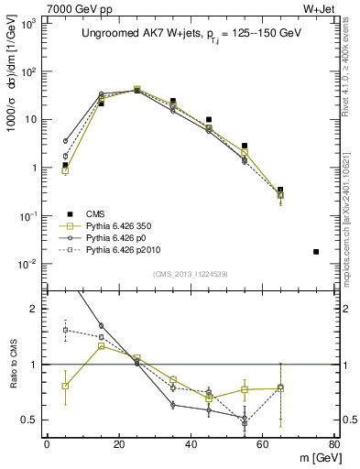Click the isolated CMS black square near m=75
[316, 251]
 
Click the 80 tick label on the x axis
[334, 445]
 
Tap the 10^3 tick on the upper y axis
[31, 24]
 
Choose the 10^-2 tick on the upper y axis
[31, 264]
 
